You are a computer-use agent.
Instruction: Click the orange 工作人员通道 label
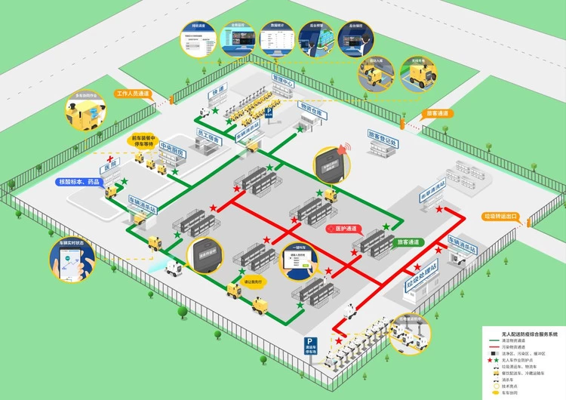coord(132,94)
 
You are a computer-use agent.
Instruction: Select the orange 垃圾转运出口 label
coord(500,217)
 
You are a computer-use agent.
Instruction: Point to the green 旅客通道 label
coord(408,242)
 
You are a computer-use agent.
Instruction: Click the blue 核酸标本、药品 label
coord(78,182)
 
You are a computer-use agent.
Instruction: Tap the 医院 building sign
coord(111,166)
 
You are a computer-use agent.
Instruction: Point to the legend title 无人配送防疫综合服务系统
coord(521,334)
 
